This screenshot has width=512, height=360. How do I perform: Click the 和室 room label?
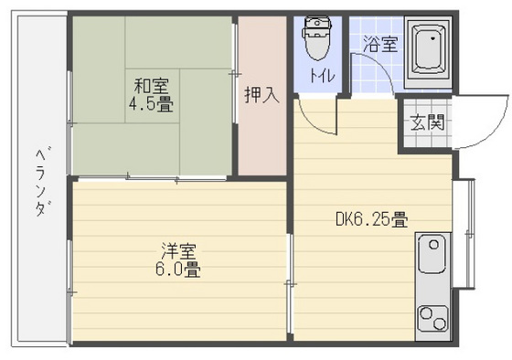[152, 88]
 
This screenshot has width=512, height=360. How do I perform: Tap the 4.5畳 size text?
[152, 105]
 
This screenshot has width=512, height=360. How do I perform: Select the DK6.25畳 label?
[371, 219]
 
